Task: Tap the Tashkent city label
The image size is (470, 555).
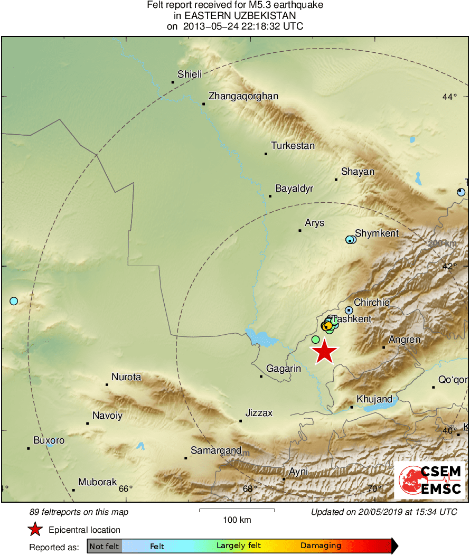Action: (352, 319)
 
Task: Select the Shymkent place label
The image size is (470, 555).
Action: (377, 233)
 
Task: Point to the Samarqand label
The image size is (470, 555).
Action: (216, 450)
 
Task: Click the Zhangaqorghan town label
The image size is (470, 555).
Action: (243, 96)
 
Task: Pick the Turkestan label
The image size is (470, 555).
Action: (293, 146)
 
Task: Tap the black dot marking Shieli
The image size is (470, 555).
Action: (173, 82)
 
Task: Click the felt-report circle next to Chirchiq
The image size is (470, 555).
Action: (349, 310)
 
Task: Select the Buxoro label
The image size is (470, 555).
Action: (49, 440)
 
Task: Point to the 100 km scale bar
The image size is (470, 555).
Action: (237, 510)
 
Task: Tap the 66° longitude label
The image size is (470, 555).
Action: (126, 488)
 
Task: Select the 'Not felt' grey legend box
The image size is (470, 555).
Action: (105, 546)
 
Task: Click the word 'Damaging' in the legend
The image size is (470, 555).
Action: (321, 546)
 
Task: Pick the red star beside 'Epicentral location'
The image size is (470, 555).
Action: (35, 530)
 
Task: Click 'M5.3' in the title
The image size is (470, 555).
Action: (234, 6)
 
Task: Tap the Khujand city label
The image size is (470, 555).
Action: (374, 399)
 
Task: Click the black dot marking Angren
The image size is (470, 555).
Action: (384, 347)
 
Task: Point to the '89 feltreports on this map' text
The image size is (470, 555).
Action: (79, 512)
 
